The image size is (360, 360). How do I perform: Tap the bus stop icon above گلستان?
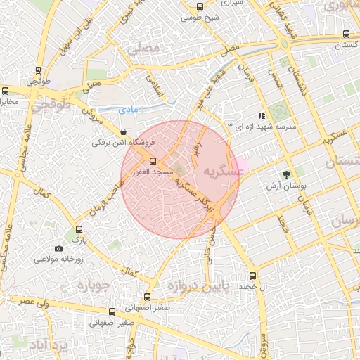click(346, 34)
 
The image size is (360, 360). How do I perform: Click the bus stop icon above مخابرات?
click(6, 91)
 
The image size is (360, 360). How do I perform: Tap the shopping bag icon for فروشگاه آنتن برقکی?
click(124, 131)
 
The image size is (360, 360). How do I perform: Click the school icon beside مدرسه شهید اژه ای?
click(262, 115)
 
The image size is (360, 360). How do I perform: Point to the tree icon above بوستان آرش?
click(285, 174)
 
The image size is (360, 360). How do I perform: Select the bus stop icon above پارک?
click(79, 229)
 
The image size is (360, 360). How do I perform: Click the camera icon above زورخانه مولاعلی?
click(58, 248)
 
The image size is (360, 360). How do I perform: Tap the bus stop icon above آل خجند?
click(252, 276)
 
